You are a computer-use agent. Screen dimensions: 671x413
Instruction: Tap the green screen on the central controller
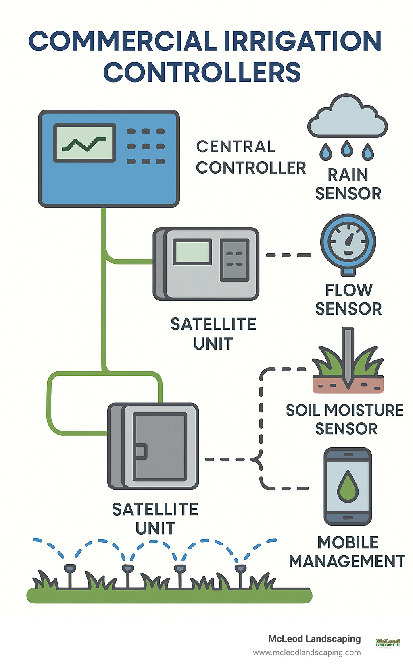tap(84, 143)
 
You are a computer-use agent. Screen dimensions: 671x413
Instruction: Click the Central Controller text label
tap(250, 157)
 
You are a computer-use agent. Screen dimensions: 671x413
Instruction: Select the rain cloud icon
tap(347, 118)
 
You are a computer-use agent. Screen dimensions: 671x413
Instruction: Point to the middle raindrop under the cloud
tap(346, 149)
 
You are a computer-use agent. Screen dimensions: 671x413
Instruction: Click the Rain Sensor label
tap(348, 184)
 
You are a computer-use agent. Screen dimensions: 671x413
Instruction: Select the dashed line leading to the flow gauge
tap(288, 255)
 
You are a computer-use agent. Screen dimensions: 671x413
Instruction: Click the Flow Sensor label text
tap(348, 299)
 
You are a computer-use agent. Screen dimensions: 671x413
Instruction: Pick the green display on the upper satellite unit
tap(192, 252)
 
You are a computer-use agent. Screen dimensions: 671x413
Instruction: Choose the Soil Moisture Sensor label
tap(345, 419)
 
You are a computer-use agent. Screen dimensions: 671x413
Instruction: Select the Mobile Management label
tap(347, 552)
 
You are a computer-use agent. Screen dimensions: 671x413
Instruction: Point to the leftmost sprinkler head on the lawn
tap(70, 568)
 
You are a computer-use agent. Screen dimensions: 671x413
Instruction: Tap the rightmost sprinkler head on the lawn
tap(240, 568)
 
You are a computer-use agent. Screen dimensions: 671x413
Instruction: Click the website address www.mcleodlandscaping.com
tap(307, 652)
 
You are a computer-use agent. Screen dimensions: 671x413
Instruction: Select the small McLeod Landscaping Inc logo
tap(388, 642)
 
